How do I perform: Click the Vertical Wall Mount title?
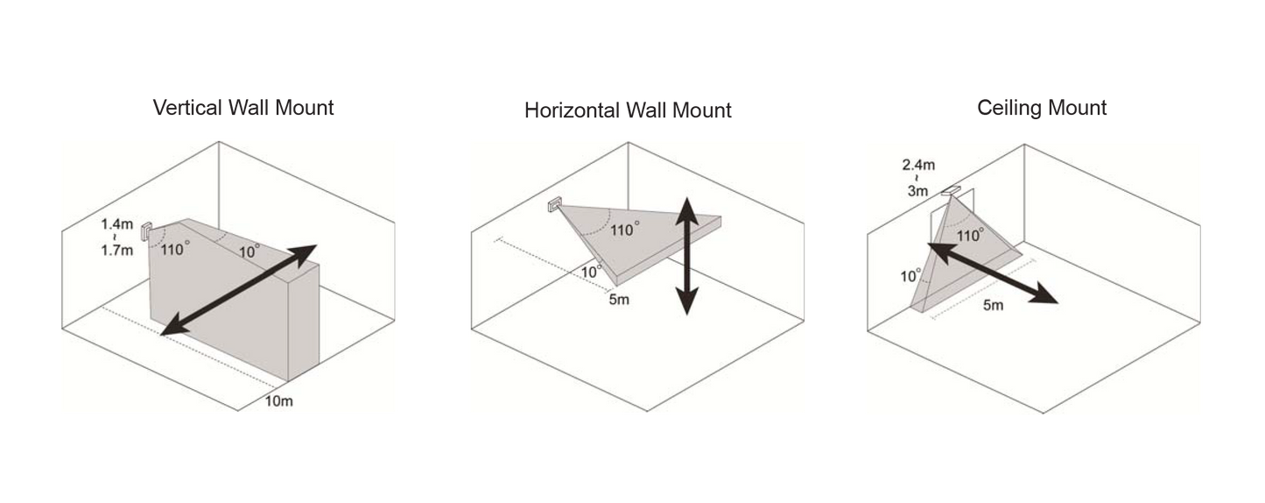(x=243, y=109)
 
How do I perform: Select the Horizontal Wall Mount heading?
(x=628, y=110)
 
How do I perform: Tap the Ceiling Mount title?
(x=1042, y=109)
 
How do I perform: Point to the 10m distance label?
(x=279, y=400)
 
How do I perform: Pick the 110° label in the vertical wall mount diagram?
(x=175, y=249)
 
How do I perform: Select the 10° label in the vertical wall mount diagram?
(x=249, y=251)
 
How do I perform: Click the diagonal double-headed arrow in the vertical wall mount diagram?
(x=239, y=290)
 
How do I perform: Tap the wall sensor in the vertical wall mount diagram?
(x=146, y=231)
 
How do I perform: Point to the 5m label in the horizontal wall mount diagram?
(x=619, y=300)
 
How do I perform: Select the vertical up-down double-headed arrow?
(x=687, y=255)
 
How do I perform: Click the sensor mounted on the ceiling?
(x=952, y=189)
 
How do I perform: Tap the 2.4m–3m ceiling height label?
(x=918, y=178)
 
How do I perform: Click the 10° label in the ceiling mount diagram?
(x=910, y=275)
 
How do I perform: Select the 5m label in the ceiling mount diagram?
(x=994, y=306)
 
